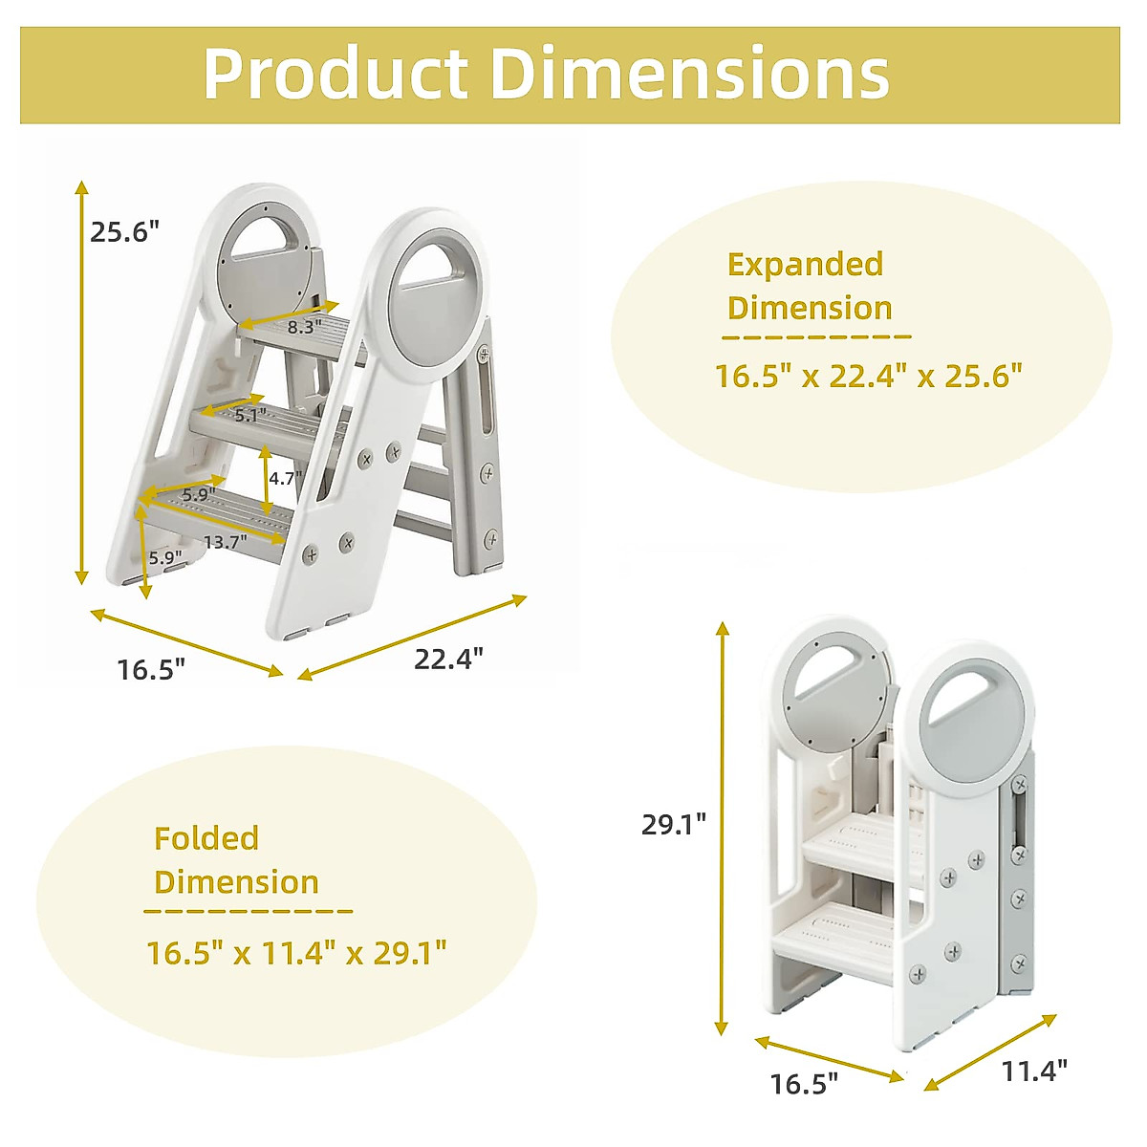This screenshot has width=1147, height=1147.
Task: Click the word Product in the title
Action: (335, 74)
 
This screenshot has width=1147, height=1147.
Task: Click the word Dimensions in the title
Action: (690, 74)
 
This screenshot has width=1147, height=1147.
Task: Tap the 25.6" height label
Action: (124, 232)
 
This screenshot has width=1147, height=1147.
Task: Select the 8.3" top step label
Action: (304, 327)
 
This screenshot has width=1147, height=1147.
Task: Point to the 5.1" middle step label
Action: (249, 415)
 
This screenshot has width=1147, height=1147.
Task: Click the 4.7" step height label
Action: (284, 478)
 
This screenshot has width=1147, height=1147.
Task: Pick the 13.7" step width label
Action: (225, 542)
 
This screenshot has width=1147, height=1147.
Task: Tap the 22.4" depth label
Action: (448, 659)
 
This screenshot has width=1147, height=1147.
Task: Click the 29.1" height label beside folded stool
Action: (674, 824)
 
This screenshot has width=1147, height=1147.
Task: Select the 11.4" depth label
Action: (1034, 1071)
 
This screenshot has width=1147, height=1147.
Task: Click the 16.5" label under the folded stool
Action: (804, 1084)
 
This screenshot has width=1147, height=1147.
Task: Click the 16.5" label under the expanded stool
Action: (151, 669)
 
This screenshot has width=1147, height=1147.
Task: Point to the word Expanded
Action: (805, 265)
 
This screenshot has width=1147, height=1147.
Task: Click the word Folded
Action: (206, 838)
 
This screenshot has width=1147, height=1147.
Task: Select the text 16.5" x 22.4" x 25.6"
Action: (868, 376)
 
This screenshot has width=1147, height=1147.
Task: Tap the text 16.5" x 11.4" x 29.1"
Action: (296, 953)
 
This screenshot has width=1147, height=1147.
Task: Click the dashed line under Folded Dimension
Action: (249, 911)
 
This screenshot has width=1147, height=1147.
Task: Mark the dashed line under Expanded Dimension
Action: (816, 336)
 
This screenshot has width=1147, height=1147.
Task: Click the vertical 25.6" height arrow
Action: (82, 382)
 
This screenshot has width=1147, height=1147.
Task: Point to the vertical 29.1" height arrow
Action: (723, 828)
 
